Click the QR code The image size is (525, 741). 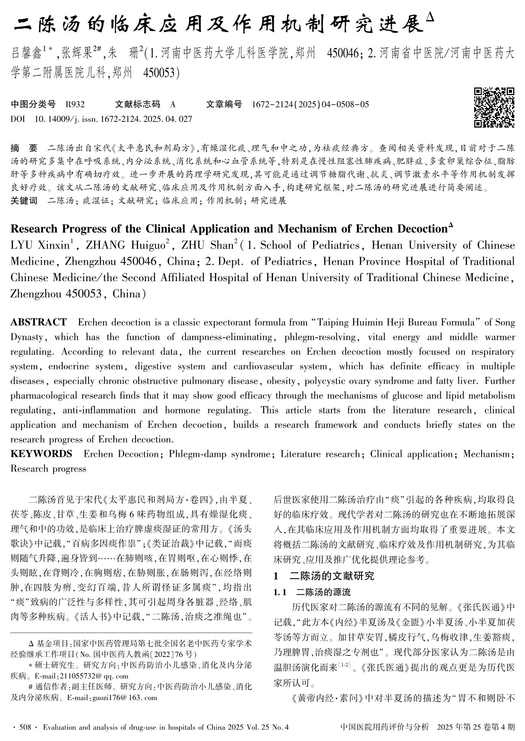pos(494,107)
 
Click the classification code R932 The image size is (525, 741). pos(75,104)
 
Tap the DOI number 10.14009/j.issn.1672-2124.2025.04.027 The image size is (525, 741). pos(113,119)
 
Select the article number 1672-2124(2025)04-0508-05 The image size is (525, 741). pos(310,104)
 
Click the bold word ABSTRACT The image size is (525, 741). pos(39,322)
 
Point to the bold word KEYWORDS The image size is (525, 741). pos(41,454)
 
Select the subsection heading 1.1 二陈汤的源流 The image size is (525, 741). pos(312,592)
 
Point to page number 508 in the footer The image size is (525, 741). pos(25,727)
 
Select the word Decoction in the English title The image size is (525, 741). pos(422,229)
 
